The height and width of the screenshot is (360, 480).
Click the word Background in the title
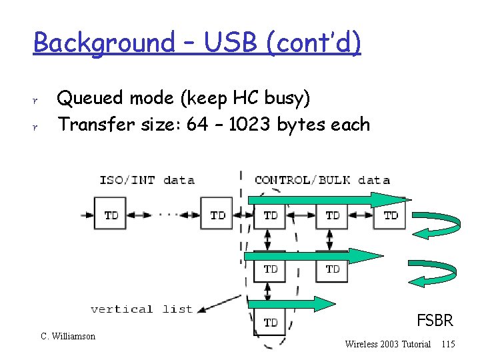click(x=102, y=43)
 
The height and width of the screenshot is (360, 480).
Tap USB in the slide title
click(x=226, y=43)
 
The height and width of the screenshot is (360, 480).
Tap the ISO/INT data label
click(x=147, y=179)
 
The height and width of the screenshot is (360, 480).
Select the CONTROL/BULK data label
click(x=322, y=179)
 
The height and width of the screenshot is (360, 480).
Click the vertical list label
click(x=141, y=309)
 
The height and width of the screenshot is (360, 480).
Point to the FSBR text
click(x=435, y=321)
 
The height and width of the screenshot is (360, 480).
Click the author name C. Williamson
click(x=68, y=336)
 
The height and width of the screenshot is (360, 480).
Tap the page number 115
click(x=448, y=344)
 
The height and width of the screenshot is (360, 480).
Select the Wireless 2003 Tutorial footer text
click(x=387, y=344)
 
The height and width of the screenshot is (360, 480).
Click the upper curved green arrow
click(x=437, y=226)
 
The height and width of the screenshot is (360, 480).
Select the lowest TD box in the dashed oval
click(x=270, y=322)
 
